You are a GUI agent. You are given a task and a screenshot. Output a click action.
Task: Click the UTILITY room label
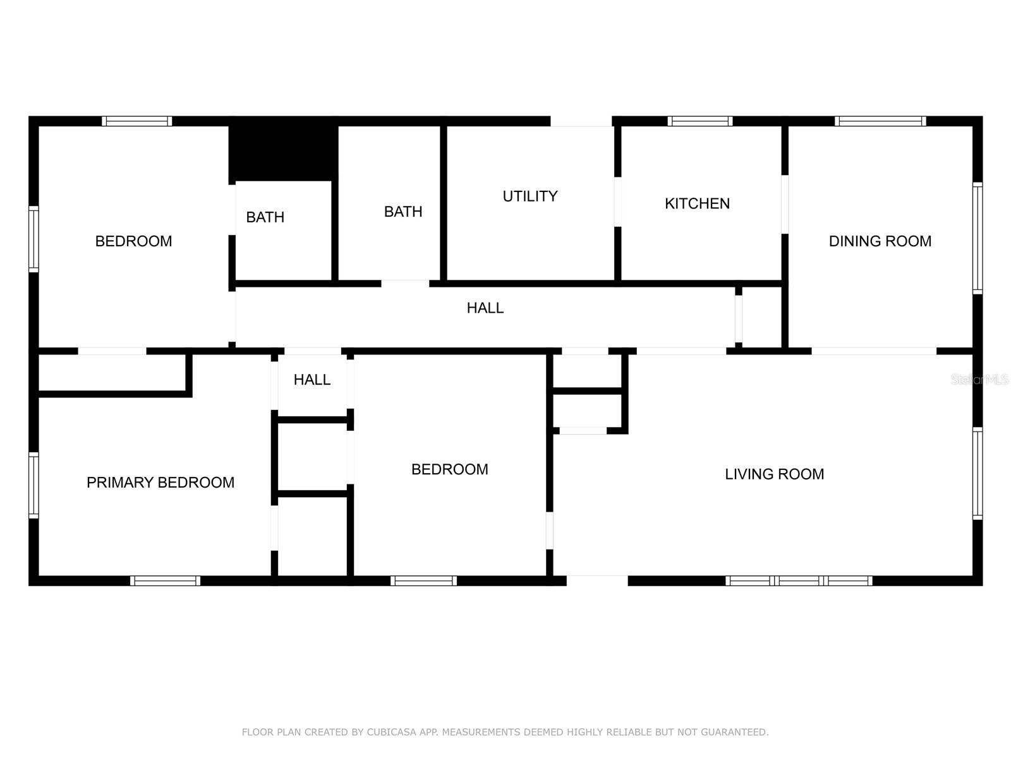(x=530, y=196)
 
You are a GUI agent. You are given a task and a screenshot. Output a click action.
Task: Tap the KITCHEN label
(x=697, y=203)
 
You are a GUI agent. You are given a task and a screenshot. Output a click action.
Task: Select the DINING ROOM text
(x=880, y=241)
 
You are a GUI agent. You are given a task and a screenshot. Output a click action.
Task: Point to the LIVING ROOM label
(x=774, y=474)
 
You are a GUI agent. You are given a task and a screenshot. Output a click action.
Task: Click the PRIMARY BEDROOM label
(x=160, y=483)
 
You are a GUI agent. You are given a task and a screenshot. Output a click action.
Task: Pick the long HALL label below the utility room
(x=485, y=308)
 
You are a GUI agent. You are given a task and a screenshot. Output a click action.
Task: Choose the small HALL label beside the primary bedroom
(x=312, y=380)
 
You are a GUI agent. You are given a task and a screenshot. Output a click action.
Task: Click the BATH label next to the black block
(x=265, y=217)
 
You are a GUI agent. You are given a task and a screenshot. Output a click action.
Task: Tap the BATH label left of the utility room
(x=403, y=212)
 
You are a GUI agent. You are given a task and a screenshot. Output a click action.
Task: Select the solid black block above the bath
(x=283, y=148)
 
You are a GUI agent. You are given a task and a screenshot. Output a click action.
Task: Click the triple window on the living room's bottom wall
(x=799, y=581)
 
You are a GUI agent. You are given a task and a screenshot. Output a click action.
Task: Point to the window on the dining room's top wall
(x=880, y=121)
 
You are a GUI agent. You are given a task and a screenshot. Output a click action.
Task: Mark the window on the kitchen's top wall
(x=699, y=121)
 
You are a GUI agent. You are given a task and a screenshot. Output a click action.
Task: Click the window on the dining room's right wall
(x=978, y=238)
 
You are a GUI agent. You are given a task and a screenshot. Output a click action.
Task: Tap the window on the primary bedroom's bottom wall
(x=166, y=581)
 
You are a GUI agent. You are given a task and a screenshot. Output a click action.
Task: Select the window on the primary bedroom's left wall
(x=33, y=485)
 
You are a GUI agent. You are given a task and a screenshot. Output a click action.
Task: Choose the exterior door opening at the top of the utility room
(x=581, y=121)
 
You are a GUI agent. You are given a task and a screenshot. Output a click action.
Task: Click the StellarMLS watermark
(x=979, y=380)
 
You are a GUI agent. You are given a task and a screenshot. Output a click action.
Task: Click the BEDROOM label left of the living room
(x=449, y=469)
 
